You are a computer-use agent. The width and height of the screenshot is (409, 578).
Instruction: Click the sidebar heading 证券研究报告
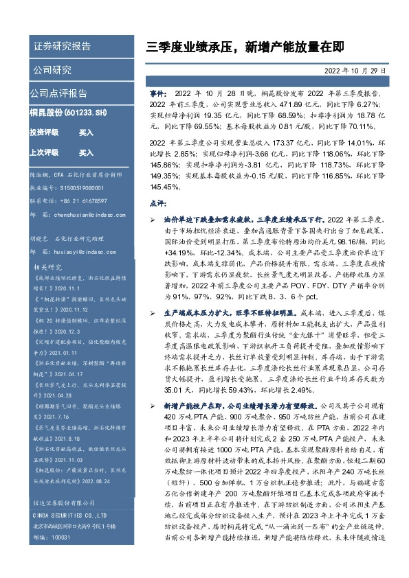pos(62,47)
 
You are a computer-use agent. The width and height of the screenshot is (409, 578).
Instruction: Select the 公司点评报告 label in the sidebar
pos(58,93)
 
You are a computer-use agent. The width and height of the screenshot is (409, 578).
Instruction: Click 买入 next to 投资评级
pos(86,132)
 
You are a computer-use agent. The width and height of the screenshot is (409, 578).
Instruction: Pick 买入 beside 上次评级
pos(86,152)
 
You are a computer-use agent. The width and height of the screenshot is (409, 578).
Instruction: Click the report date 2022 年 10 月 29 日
pos(355,71)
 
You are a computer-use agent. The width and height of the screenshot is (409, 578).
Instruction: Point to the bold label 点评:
pos(157,203)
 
